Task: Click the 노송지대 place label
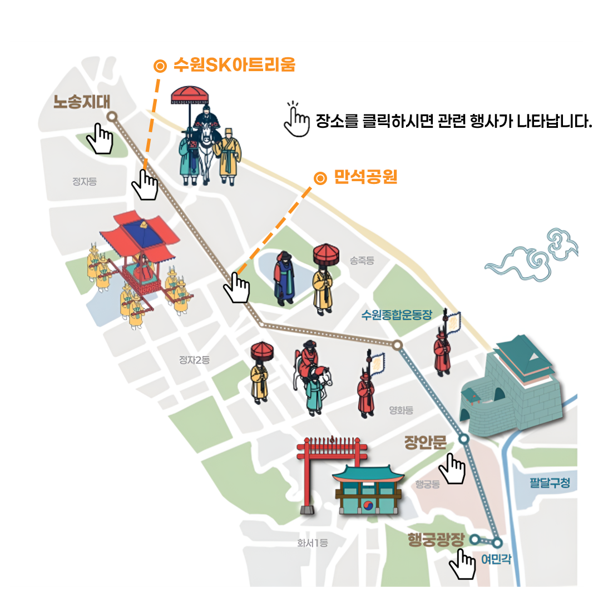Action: [x=82, y=102]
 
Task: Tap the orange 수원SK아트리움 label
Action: [x=234, y=64]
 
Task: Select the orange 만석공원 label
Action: [x=365, y=177]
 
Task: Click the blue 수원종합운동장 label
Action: [x=397, y=315]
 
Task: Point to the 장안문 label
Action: [x=426, y=443]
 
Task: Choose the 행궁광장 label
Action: [x=436, y=540]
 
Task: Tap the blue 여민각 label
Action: [x=496, y=559]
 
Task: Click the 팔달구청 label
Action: [x=550, y=483]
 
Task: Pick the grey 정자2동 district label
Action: [x=195, y=360]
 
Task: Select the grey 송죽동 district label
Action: [x=362, y=261]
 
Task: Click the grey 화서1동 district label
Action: [x=312, y=543]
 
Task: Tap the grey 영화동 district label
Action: [x=401, y=410]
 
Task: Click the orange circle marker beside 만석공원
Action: [x=320, y=178]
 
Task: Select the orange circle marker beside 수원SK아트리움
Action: [x=160, y=66]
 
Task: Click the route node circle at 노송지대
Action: [x=112, y=117]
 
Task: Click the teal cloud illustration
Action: [x=532, y=256]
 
